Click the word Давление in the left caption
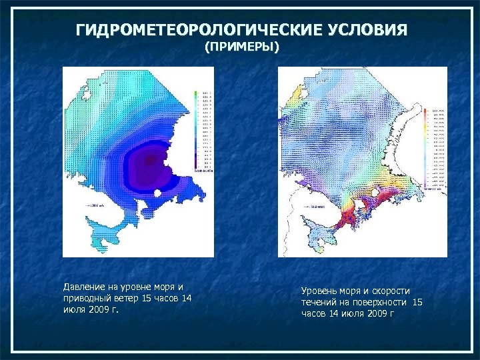pos(84,287)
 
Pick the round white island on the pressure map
pos(157,193)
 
